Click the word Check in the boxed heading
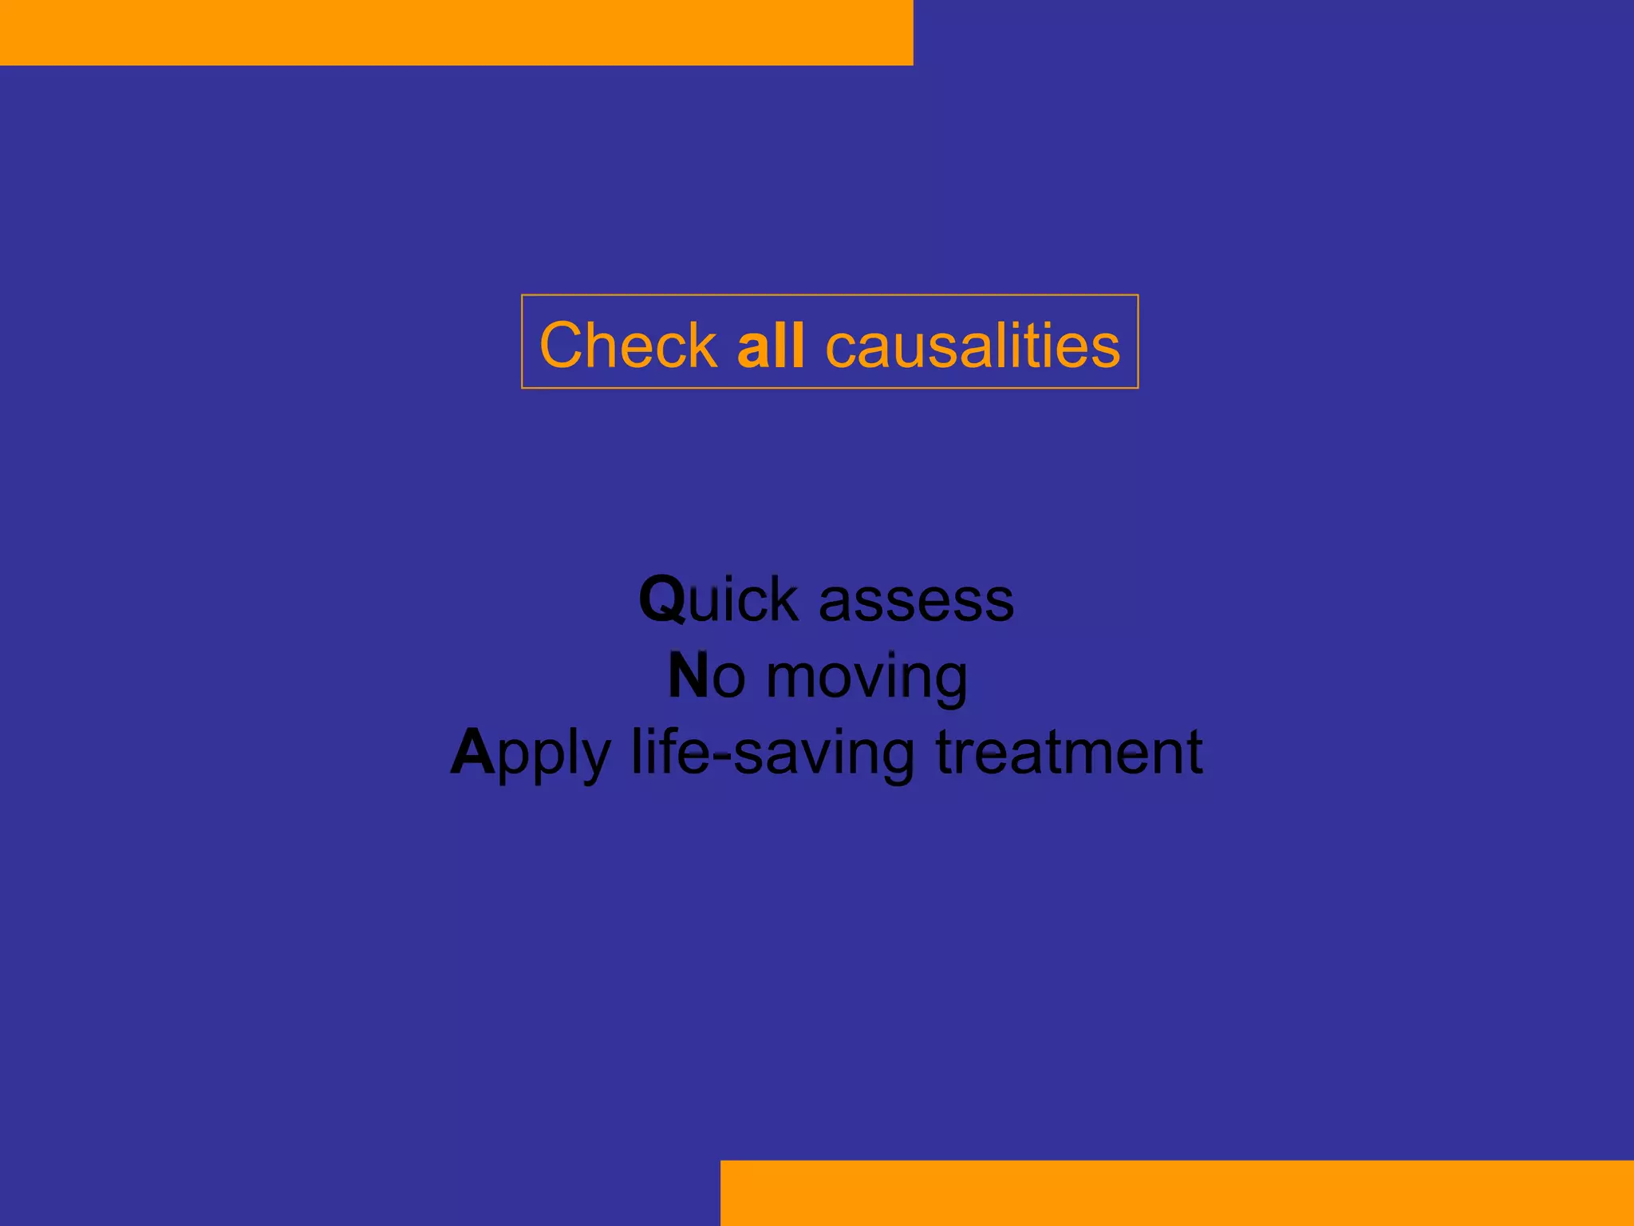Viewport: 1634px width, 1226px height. [628, 345]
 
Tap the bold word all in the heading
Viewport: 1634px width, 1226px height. [771, 345]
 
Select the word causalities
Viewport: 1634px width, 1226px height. [973, 345]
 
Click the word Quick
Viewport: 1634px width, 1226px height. [718, 599]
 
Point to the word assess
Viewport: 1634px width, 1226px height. [916, 600]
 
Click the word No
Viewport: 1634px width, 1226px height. [706, 676]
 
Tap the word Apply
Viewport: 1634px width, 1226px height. [531, 753]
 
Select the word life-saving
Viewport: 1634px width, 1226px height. [772, 753]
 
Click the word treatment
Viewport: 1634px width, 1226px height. [1069, 752]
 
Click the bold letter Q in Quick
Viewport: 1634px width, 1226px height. [662, 599]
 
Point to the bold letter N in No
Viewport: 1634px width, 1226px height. [688, 676]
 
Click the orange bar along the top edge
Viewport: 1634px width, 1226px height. [456, 32]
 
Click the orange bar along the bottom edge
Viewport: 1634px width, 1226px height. [1177, 1192]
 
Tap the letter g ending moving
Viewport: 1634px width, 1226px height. [949, 682]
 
